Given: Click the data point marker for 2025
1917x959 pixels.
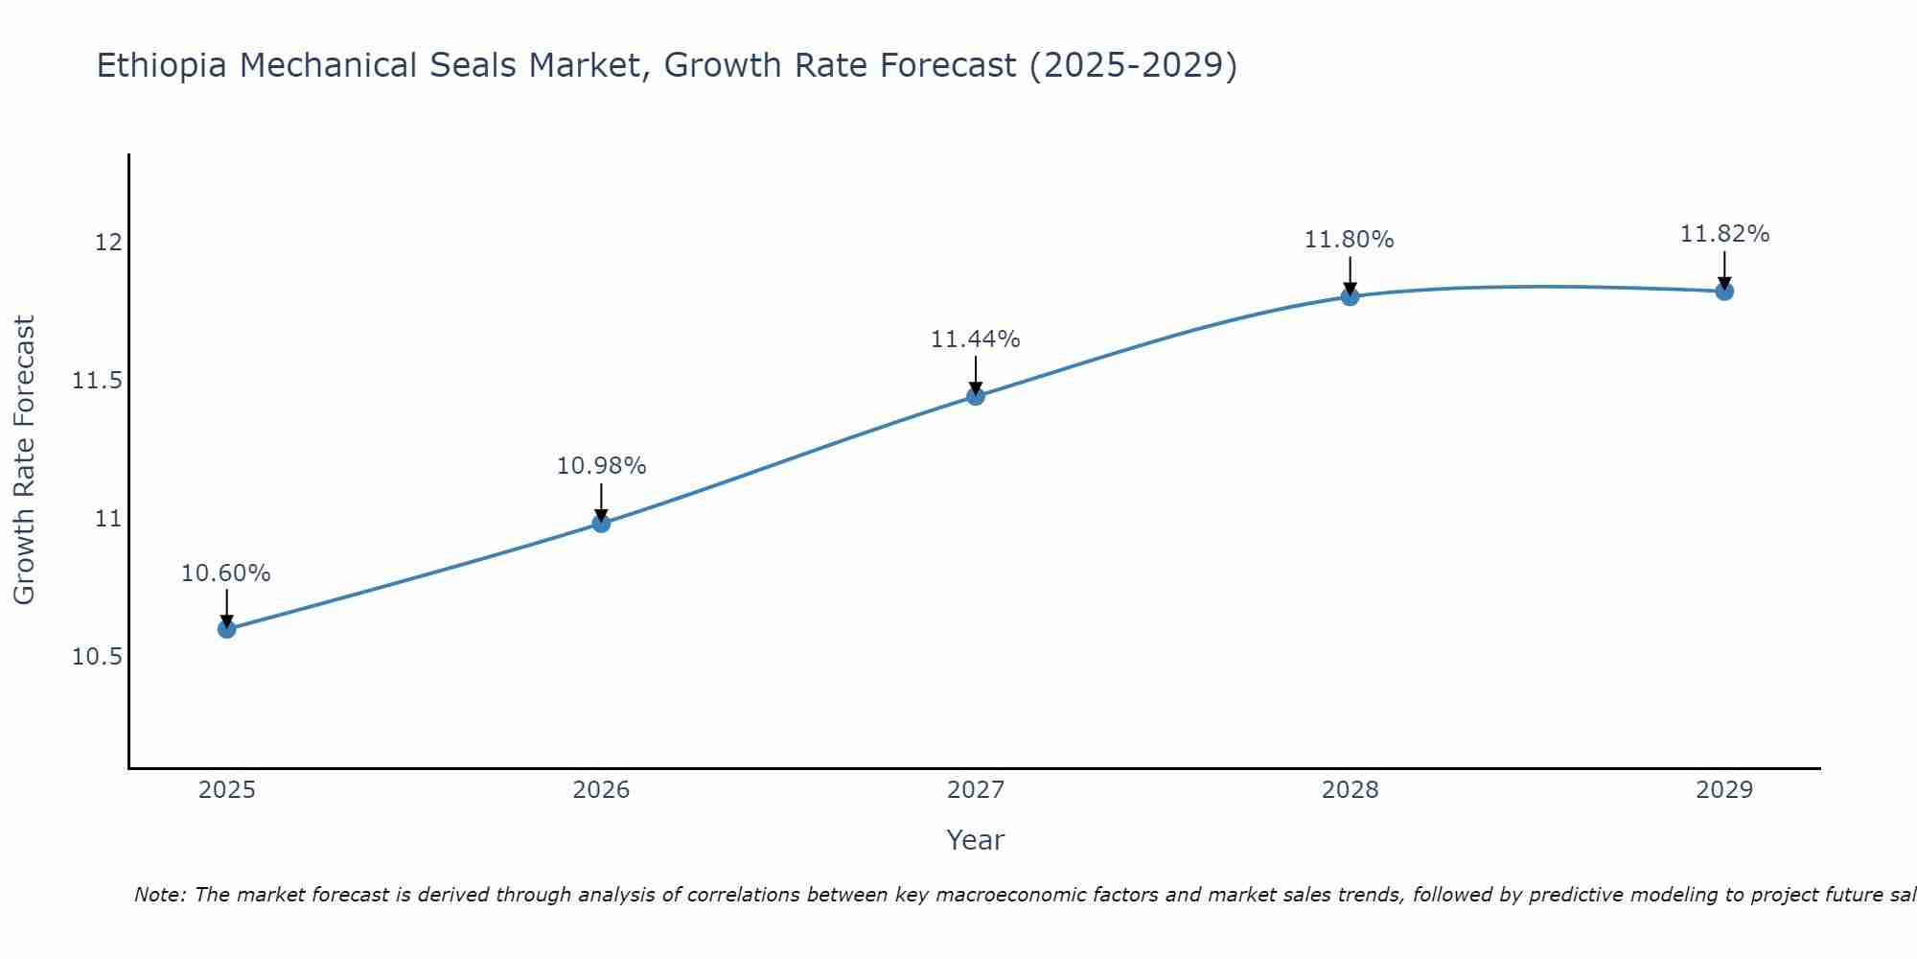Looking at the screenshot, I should tap(226, 629).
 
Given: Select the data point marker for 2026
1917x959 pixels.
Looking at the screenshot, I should tap(601, 523).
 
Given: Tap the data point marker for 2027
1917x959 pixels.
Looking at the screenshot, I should tap(976, 396).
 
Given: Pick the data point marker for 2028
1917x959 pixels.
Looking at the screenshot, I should tap(1350, 296).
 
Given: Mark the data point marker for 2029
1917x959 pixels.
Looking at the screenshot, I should tap(1724, 291).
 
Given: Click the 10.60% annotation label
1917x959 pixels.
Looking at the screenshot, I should tap(226, 573).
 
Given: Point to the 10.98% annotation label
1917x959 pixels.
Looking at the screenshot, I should tap(601, 466).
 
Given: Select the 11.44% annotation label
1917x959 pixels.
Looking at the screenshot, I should tap(976, 339).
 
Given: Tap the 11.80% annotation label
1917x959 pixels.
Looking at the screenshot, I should tap(1350, 240).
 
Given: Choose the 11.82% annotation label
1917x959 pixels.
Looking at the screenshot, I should tap(1724, 234).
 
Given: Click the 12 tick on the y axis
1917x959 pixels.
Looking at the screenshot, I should tap(108, 243).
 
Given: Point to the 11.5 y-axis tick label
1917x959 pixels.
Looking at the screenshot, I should tap(98, 381).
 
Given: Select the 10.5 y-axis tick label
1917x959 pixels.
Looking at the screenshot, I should tap(98, 657).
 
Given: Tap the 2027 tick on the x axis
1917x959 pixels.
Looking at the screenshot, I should tap(976, 790).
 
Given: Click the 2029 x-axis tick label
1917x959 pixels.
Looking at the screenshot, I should tap(1724, 790).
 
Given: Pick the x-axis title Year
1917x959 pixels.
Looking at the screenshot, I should tap(976, 840).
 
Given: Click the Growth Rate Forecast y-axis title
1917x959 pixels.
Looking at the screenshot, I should tap(24, 460).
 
